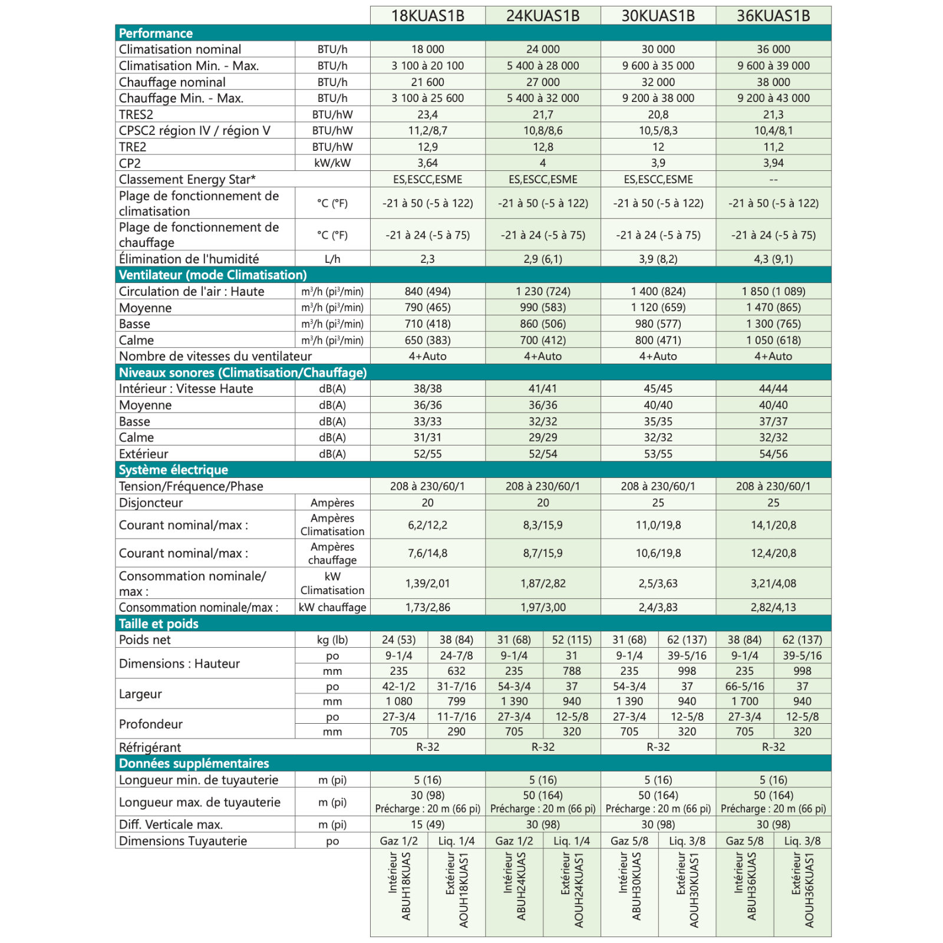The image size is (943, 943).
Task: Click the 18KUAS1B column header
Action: point(427,16)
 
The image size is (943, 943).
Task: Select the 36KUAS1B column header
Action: point(773,16)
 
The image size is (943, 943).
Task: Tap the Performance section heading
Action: point(156,33)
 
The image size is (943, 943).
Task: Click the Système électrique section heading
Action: point(173,470)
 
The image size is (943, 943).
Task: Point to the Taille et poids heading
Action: point(159,624)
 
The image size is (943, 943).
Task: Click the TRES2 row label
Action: point(136,114)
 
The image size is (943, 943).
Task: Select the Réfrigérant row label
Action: point(150,747)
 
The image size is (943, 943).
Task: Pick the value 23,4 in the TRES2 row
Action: point(427,114)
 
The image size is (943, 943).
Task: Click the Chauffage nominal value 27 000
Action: point(542,82)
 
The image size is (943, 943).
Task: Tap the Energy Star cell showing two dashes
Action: point(773,179)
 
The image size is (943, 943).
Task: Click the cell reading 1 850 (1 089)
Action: point(773,291)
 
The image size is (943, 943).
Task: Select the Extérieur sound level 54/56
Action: point(773,454)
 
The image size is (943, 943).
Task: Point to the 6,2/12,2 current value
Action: point(427,525)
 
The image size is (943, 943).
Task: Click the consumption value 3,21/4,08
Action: point(773,583)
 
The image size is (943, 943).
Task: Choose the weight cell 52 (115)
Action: point(571,639)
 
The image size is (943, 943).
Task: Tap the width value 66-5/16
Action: point(744,686)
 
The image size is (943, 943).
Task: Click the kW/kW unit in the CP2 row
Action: point(332,163)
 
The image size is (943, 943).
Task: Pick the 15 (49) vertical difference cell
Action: point(427,825)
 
